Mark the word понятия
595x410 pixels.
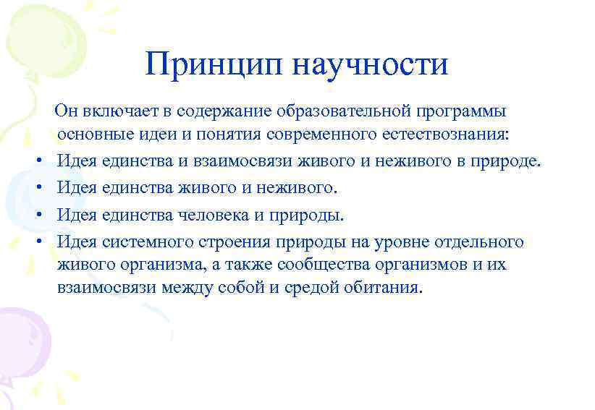tap(231, 134)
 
